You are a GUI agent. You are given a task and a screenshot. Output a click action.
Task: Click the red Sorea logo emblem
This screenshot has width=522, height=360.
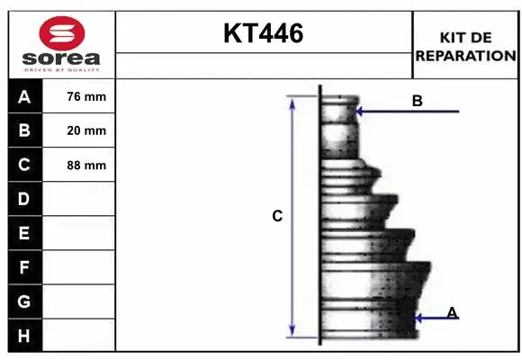click(x=62, y=33)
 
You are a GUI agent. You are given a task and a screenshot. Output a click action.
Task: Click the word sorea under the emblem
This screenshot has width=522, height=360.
click(x=61, y=58)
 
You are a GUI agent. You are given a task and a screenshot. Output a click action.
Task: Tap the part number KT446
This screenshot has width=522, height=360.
click(x=264, y=33)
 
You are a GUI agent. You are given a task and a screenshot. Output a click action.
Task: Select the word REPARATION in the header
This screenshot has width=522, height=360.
click(x=465, y=56)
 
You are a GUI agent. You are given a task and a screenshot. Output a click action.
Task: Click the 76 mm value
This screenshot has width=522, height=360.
click(x=86, y=96)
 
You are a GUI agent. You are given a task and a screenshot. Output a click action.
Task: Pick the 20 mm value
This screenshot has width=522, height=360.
click(x=86, y=130)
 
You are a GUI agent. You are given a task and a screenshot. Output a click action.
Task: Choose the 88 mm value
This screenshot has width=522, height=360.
click(x=86, y=166)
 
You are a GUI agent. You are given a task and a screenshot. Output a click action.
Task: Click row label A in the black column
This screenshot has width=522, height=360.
click(x=24, y=97)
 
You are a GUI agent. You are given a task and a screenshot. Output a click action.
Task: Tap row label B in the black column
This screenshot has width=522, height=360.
click(x=24, y=130)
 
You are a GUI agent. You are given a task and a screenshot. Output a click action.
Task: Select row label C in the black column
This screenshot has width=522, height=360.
click(x=24, y=165)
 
